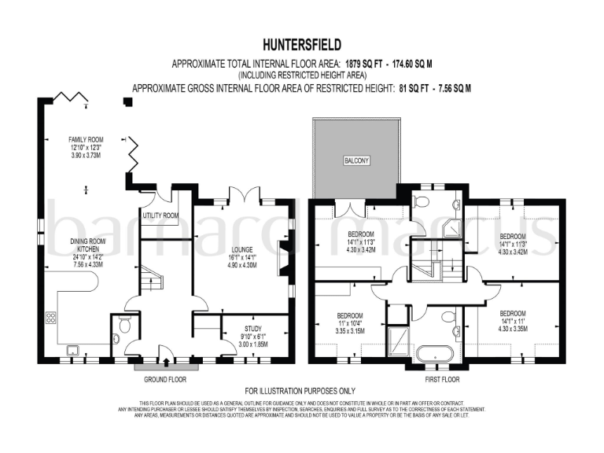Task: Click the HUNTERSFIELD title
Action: [x=300, y=45]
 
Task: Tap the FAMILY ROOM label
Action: [x=87, y=138]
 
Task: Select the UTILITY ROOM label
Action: [x=160, y=215]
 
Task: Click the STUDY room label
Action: [x=252, y=329]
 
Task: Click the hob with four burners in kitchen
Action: [x=51, y=318]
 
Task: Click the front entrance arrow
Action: [x=166, y=363]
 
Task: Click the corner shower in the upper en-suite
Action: [x=453, y=230]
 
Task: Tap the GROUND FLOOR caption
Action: [x=166, y=379]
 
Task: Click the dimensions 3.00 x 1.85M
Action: [x=252, y=344]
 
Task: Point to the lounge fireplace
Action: [x=282, y=261]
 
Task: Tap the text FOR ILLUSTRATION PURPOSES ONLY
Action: [x=300, y=391]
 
